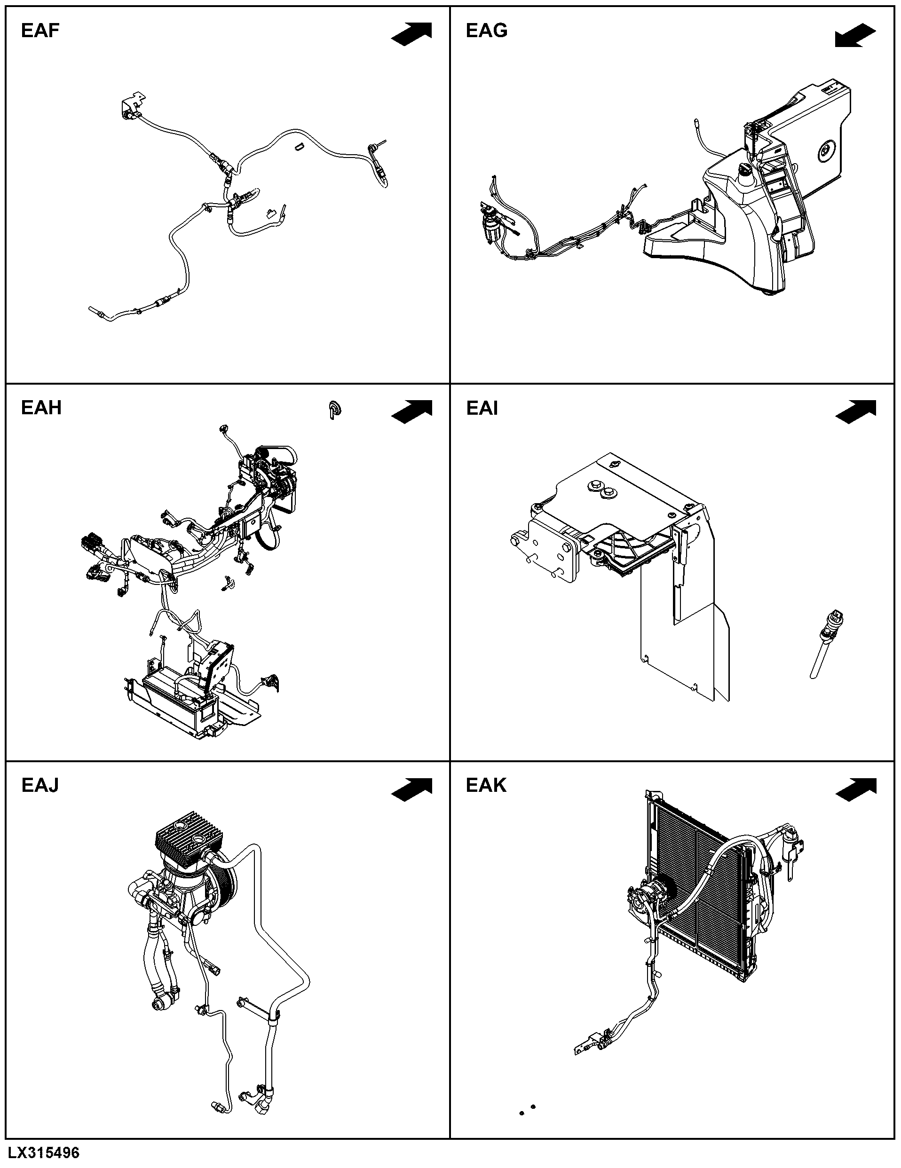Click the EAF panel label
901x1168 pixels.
point(40,31)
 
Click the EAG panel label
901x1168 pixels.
point(487,31)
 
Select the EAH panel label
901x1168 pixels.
point(41,408)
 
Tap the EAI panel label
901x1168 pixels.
point(482,408)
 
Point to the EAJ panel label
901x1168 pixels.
point(40,785)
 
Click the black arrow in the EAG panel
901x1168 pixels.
point(855,35)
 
